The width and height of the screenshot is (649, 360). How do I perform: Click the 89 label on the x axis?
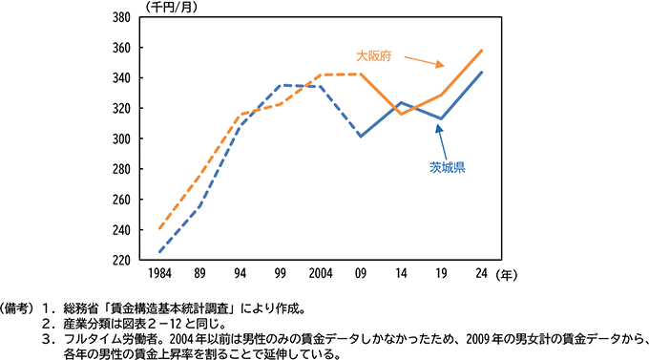click(x=200, y=273)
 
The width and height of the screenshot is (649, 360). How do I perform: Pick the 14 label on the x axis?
click(x=402, y=273)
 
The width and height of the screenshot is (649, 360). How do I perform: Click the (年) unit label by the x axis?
click(x=513, y=273)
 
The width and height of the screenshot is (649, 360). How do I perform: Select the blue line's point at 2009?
click(x=360, y=137)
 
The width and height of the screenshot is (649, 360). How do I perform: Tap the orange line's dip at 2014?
click(x=402, y=115)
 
